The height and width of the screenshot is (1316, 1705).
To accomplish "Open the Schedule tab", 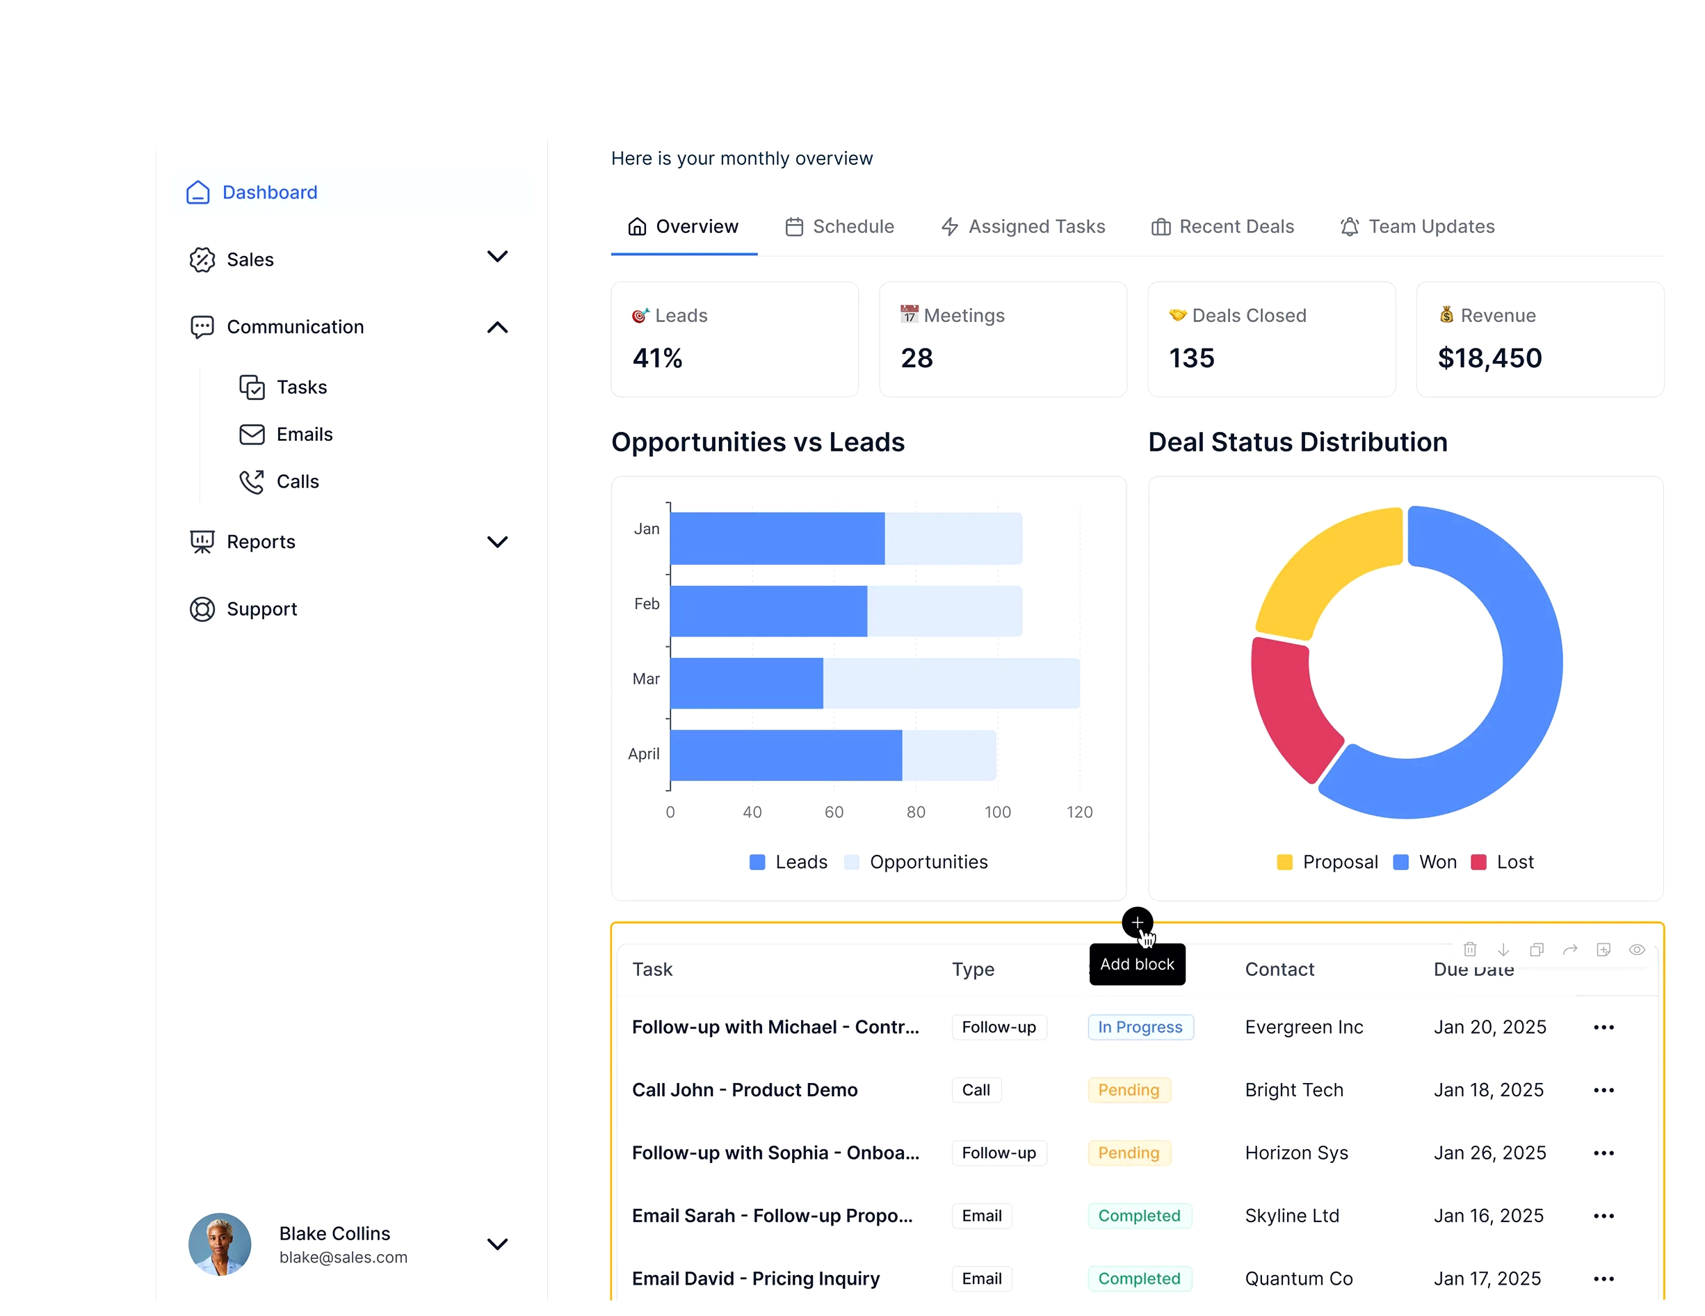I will [839, 227].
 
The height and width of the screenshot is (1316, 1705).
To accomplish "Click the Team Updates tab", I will [1417, 227].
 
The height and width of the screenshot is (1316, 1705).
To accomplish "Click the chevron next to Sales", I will [496, 257].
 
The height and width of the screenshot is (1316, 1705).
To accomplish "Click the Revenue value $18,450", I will [1489, 358].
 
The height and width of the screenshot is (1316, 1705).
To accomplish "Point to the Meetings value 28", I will [916, 358].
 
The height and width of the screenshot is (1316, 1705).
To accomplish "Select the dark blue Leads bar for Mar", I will [745, 683].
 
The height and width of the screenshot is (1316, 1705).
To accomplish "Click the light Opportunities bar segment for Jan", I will [953, 538].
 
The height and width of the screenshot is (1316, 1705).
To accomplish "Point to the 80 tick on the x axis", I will [915, 812].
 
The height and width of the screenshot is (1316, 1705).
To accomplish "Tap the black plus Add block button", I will [1137, 922].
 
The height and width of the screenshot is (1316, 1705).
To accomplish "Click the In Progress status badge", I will [1140, 1027].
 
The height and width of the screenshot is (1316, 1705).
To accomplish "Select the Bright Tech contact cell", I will [1293, 1089].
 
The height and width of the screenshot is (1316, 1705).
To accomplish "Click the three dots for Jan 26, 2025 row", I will [1603, 1153].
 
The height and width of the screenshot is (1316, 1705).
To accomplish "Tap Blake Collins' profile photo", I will [219, 1244].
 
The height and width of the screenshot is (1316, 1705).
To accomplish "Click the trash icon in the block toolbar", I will [1469, 949].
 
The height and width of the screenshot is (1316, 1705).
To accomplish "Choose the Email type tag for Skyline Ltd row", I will [980, 1215].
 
